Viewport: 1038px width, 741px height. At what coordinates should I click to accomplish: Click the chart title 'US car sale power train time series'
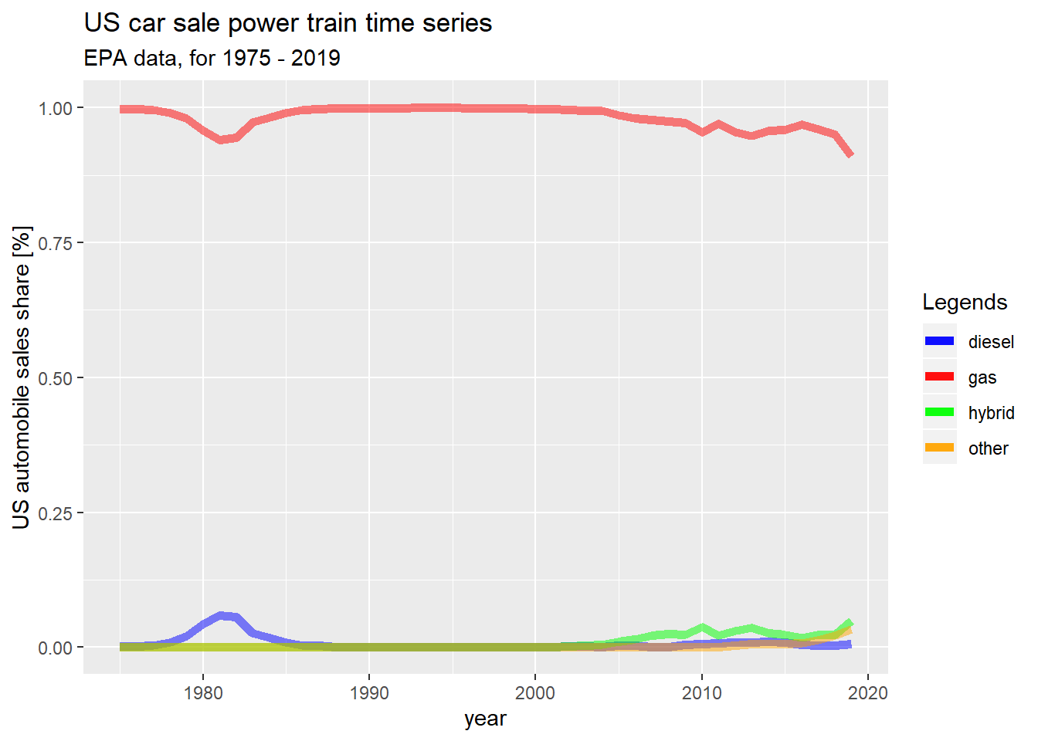click(x=287, y=23)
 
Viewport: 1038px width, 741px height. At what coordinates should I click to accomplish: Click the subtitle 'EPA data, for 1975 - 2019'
click(x=212, y=59)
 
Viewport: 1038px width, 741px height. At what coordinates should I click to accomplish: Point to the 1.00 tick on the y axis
click(x=56, y=108)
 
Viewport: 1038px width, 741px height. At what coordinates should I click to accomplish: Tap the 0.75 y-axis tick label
click(x=56, y=243)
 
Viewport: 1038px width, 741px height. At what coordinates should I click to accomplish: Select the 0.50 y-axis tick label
click(x=56, y=378)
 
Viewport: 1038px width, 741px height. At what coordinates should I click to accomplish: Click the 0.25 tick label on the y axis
click(x=56, y=513)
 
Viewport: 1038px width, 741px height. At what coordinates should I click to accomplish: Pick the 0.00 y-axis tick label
click(x=56, y=648)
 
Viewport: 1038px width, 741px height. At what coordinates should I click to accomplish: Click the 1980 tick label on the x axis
click(x=203, y=692)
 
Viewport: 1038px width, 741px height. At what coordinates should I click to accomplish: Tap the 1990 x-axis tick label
click(x=369, y=692)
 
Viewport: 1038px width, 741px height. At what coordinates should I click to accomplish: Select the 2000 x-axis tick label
click(x=535, y=692)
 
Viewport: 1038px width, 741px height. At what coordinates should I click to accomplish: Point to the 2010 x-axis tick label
click(x=701, y=692)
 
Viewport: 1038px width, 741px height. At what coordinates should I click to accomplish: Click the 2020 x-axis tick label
click(x=868, y=692)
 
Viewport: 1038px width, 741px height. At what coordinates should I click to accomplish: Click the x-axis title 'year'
click(x=485, y=719)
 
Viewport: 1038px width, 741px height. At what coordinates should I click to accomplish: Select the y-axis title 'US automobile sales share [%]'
click(x=22, y=377)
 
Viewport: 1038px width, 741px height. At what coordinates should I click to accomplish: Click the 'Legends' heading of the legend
click(x=965, y=302)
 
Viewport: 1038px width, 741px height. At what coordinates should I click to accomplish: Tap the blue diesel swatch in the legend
click(x=939, y=341)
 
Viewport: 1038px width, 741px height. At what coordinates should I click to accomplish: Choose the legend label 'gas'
click(x=982, y=377)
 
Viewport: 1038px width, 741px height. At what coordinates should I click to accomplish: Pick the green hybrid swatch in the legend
click(x=939, y=412)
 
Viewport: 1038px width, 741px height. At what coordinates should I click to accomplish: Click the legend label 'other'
click(x=988, y=448)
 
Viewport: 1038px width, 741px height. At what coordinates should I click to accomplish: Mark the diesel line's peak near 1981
click(x=221, y=615)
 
